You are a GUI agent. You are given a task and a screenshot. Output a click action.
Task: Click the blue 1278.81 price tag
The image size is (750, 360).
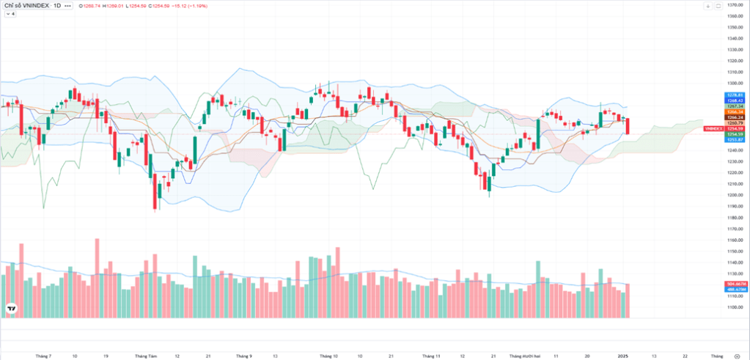click(735, 95)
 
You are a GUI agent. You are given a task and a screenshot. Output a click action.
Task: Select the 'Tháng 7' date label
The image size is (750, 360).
click(44, 356)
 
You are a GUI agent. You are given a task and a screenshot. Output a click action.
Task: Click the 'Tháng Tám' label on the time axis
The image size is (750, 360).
click(147, 356)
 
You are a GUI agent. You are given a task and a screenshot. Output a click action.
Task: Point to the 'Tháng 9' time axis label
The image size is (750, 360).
click(244, 356)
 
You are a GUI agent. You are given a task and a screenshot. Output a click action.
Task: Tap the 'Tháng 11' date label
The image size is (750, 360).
click(433, 356)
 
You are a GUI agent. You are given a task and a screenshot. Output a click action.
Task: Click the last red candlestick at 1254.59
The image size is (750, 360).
click(628, 126)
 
